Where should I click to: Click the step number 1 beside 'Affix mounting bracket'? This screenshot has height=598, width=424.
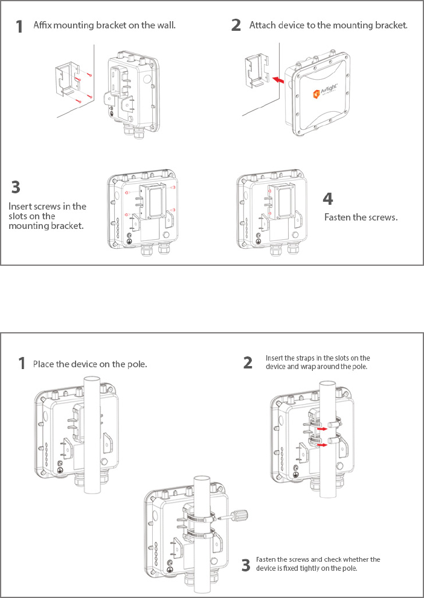click(20, 27)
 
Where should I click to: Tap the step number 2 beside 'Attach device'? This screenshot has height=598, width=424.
click(236, 25)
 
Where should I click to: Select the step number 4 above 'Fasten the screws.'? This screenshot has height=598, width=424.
click(328, 198)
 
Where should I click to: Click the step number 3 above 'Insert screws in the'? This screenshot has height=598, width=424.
click(16, 186)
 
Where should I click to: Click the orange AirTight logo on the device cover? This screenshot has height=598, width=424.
click(316, 93)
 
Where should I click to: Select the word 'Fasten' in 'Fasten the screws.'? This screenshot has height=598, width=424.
click(339, 217)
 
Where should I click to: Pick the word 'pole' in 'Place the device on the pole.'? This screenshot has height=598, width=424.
click(137, 364)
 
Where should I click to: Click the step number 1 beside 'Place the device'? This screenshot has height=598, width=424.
click(22, 364)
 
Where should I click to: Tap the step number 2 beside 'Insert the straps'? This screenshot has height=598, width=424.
click(248, 362)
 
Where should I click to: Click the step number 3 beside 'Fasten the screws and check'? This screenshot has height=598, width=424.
click(246, 565)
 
